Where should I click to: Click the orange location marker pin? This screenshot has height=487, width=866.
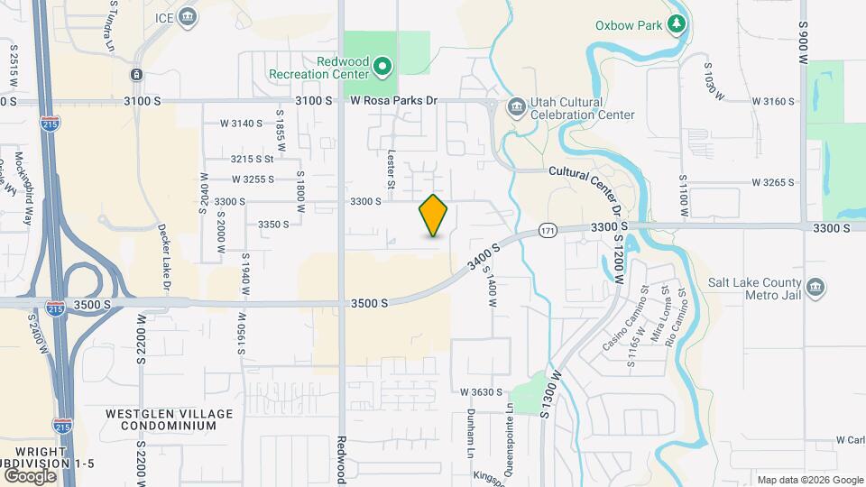click(433, 216)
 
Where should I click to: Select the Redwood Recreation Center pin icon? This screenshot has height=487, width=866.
click(382, 65)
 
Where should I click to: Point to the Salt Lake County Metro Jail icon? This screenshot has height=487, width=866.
click(815, 288)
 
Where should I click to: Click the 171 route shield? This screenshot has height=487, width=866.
click(548, 231)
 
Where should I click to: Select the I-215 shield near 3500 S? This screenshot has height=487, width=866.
click(56, 308)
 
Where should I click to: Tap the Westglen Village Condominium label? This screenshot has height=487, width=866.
click(161, 419)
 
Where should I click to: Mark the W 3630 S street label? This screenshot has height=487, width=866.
click(479, 392)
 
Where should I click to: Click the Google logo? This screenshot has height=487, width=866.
click(29, 475)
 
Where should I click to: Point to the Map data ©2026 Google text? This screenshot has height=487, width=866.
click(809, 480)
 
